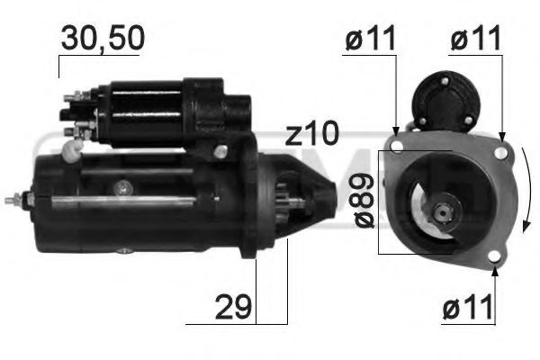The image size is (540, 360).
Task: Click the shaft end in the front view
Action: point(443,212)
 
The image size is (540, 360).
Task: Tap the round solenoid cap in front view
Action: point(447,94)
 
